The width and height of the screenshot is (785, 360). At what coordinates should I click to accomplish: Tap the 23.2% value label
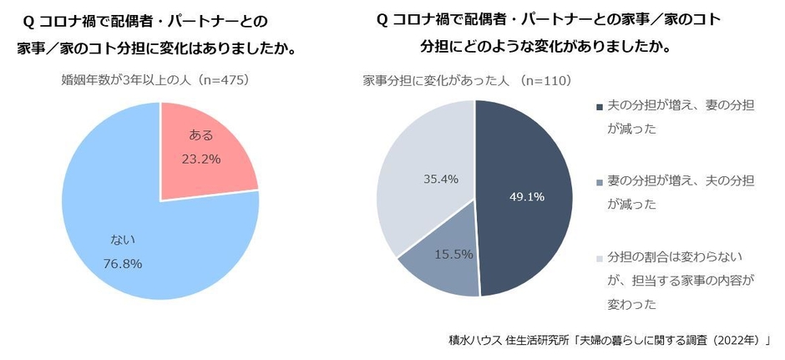pyautogui.click(x=202, y=158)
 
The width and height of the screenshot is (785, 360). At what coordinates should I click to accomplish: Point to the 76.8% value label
pyautogui.click(x=124, y=264)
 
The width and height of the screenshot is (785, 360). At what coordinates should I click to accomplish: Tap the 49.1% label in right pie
pyautogui.click(x=527, y=197)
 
